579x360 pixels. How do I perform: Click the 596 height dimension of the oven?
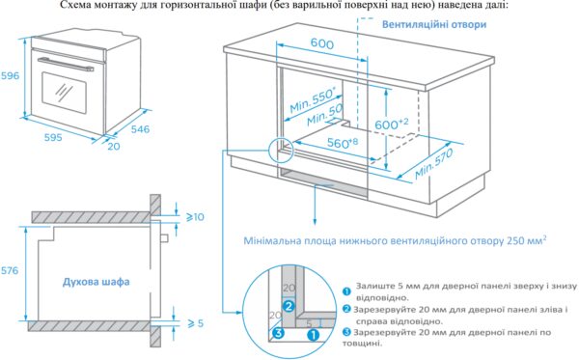click(x=10, y=75)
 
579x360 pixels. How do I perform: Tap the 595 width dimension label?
click(x=53, y=137)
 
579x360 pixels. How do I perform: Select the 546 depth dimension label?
click(x=140, y=129)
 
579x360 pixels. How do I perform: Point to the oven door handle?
click(x=66, y=64)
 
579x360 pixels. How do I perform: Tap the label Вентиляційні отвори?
click(x=434, y=24)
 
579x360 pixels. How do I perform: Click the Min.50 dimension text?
click(x=324, y=115)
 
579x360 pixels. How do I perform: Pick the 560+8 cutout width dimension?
click(x=343, y=143)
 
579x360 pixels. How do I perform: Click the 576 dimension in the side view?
click(x=10, y=270)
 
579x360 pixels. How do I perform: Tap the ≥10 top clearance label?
click(x=195, y=217)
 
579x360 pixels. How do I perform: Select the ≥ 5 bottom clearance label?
click(x=196, y=323)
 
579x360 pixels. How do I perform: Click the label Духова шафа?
click(x=96, y=282)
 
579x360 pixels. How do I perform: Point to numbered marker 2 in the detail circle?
click(x=289, y=306)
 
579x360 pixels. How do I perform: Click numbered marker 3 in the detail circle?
click(x=279, y=333)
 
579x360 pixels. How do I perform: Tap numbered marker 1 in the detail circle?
click(x=313, y=335)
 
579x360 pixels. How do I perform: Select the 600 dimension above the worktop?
click(x=322, y=43)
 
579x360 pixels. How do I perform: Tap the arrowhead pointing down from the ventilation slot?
click(x=315, y=222)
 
